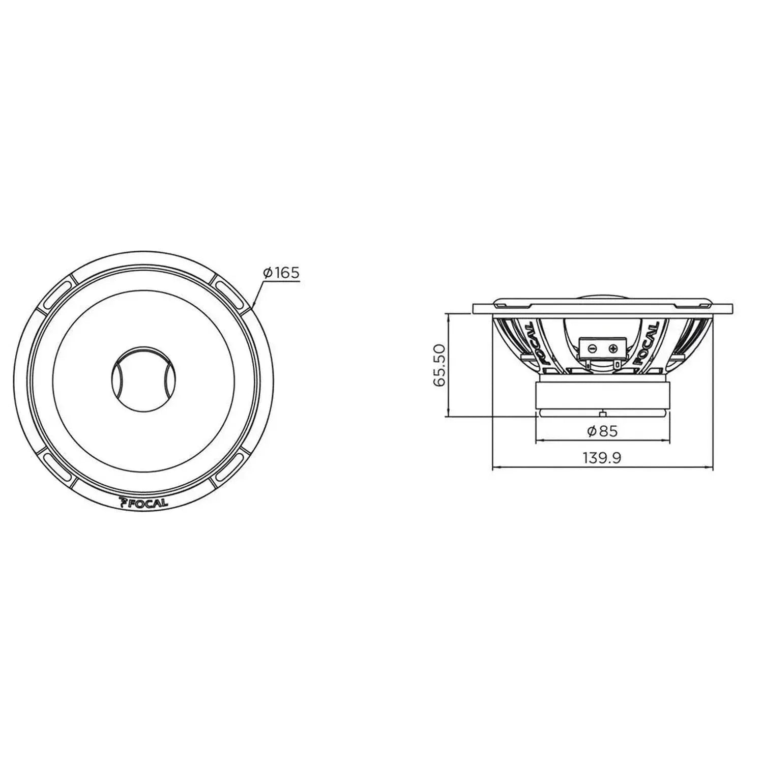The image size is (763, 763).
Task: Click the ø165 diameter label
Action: (x=281, y=273)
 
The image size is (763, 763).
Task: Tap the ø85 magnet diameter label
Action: (x=602, y=431)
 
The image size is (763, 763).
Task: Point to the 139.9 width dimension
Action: (x=602, y=458)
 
